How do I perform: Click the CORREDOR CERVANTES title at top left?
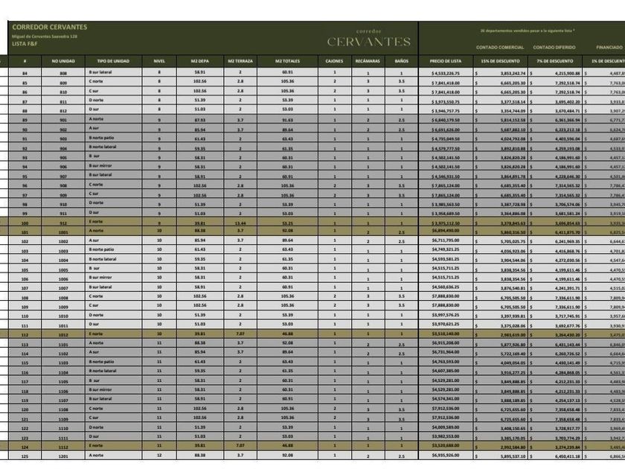49,28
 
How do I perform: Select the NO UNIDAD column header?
63,61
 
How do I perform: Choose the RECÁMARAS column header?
368,61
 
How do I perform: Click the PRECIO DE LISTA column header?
445,61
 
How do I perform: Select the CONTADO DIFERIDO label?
554,47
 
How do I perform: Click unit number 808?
63,73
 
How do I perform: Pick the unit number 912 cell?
63,222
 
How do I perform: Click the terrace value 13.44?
240,222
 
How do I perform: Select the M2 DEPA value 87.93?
199,120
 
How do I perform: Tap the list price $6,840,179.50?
446,120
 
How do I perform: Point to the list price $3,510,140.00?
446,334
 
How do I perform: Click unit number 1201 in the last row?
63,456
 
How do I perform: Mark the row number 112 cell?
25,334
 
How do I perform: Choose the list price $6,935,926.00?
446,456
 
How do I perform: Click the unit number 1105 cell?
63,381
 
